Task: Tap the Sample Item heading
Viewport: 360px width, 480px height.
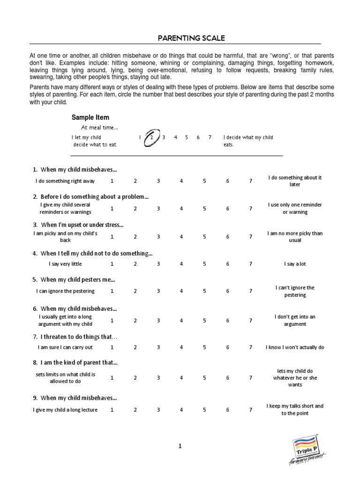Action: tap(90, 117)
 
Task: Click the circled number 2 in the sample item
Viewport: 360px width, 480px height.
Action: tap(152, 138)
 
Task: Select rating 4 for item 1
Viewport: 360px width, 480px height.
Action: tap(181, 181)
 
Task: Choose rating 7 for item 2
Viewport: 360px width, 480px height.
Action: tap(251, 209)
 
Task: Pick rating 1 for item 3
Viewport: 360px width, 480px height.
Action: tap(112, 237)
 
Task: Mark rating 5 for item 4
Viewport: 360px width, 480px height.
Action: tap(204, 264)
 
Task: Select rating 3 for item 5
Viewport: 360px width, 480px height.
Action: tap(158, 291)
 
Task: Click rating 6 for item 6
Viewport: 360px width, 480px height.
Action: tap(228, 321)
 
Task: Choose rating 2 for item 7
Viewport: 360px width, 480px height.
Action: tap(135, 347)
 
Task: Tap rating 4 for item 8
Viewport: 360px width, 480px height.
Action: tap(181, 378)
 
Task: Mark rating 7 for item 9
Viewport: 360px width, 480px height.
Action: tap(251, 410)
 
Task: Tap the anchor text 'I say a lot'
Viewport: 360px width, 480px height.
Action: tap(295, 264)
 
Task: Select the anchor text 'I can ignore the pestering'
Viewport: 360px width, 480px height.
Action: tap(66, 291)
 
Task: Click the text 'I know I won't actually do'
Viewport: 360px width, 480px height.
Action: tap(295, 347)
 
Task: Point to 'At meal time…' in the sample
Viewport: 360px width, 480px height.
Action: tap(99, 127)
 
